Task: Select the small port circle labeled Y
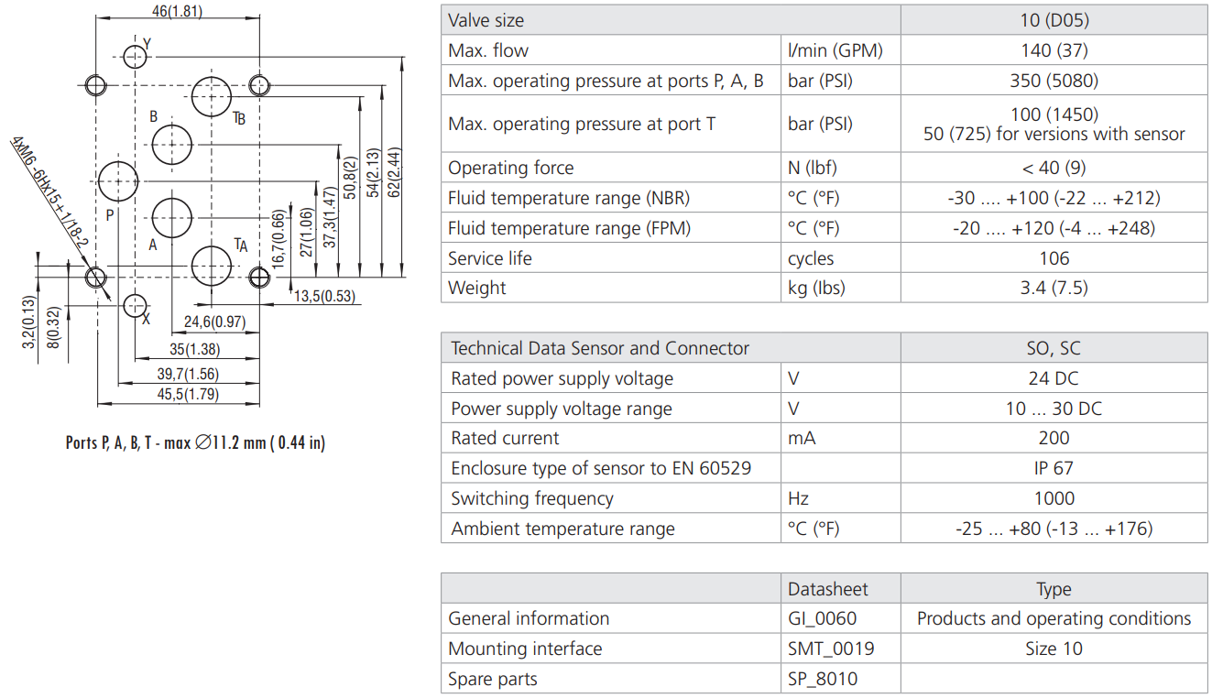136,57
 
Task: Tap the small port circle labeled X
136,304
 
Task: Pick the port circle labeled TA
213,266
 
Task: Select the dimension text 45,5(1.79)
189,395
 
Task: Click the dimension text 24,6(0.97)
214,322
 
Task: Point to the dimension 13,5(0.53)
325,295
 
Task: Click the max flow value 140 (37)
1054,50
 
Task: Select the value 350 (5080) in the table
1054,81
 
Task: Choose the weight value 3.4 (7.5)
1054,288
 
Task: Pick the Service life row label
489,258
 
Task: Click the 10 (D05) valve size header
1054,20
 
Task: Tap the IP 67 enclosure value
1054,468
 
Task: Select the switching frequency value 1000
1054,498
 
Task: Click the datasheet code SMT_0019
831,649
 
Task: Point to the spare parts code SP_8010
823,679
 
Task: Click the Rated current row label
505,438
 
